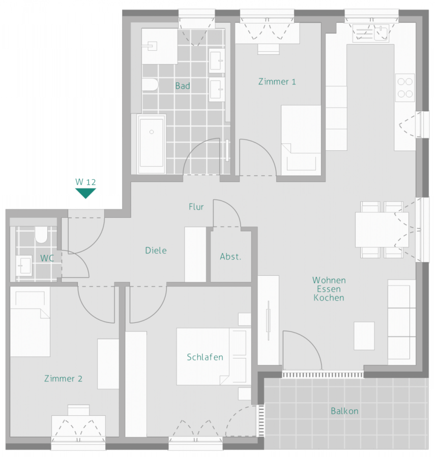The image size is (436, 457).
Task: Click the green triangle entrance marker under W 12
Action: [x=85, y=193]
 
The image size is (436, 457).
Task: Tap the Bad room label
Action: [x=183, y=86]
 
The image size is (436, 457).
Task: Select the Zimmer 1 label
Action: [x=277, y=81]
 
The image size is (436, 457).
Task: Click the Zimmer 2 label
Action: [x=63, y=378]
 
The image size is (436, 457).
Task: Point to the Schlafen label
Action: [x=205, y=357]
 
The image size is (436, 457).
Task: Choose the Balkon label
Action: [x=344, y=411]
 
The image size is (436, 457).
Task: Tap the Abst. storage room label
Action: [x=230, y=257]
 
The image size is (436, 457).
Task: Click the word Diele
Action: [x=156, y=250]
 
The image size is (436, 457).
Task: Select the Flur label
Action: [x=196, y=207]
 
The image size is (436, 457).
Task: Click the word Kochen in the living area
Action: [x=329, y=298]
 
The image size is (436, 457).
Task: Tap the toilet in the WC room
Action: [x=41, y=235]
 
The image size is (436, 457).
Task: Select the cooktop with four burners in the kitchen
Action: [x=405, y=87]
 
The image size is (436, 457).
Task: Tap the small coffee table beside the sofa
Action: [x=364, y=336]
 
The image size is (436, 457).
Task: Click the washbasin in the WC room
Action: [x=24, y=264]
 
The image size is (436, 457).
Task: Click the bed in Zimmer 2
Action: [x=30, y=322]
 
